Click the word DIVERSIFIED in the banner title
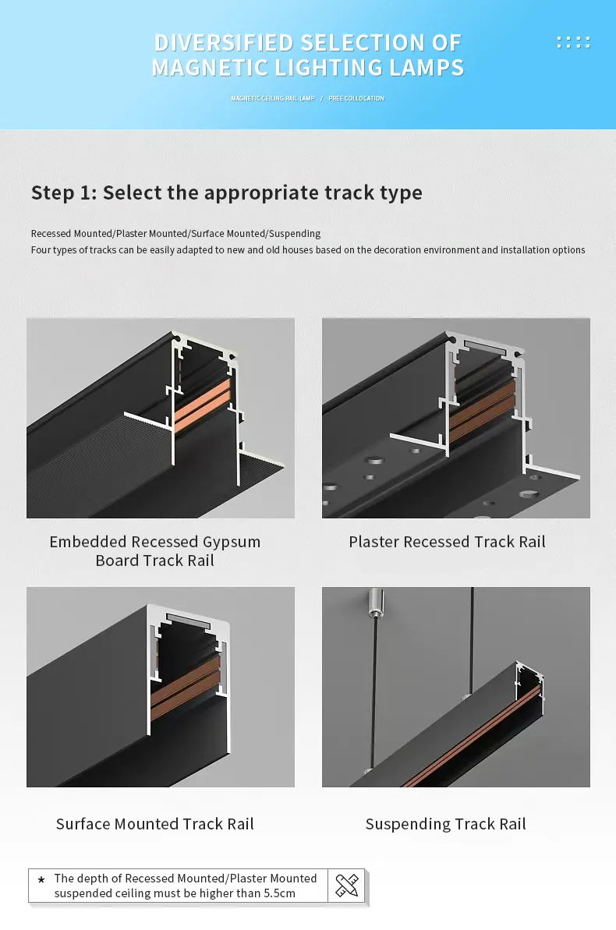pyautogui.click(x=223, y=42)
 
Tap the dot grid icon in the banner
pyautogui.click(x=573, y=42)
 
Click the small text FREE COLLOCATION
pyautogui.click(x=356, y=98)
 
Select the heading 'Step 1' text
pyautogui.click(x=63, y=193)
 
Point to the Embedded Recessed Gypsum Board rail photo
pyautogui.click(x=161, y=418)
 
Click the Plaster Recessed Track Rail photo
pyautogui.click(x=456, y=418)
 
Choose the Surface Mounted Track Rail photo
pyautogui.click(x=161, y=687)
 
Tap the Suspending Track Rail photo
pyautogui.click(x=456, y=687)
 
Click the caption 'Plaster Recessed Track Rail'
pyautogui.click(x=447, y=542)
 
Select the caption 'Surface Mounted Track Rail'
pyautogui.click(x=155, y=824)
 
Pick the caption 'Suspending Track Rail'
pyautogui.click(x=446, y=824)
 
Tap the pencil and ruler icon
pyautogui.click(x=346, y=886)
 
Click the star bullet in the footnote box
pyautogui.click(x=41, y=880)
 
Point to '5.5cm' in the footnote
pyautogui.click(x=279, y=893)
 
